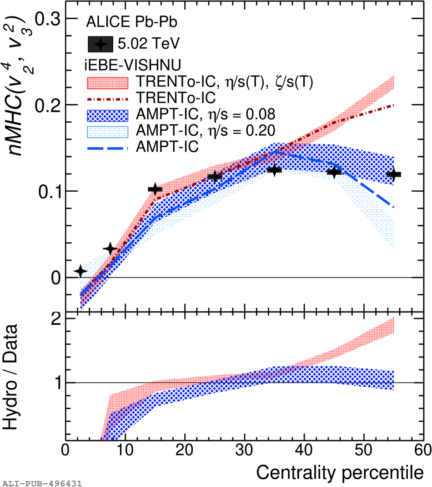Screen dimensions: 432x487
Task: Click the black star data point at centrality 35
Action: click(x=274, y=170)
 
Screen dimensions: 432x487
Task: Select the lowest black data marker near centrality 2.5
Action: click(x=80, y=271)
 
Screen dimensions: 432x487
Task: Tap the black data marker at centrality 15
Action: click(x=155, y=189)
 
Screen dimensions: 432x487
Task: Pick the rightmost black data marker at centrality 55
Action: click(x=393, y=174)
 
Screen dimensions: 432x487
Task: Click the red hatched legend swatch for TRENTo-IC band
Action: click(x=108, y=82)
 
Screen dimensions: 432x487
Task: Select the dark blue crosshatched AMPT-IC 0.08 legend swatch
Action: click(x=108, y=116)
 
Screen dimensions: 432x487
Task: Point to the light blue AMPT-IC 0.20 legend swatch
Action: click(x=108, y=132)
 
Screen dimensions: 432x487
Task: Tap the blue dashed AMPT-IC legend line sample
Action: click(x=108, y=149)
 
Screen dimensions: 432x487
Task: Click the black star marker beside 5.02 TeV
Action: click(x=100, y=44)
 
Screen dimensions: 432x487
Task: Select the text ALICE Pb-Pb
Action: click(x=131, y=22)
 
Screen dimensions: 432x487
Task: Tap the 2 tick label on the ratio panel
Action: click(x=56, y=319)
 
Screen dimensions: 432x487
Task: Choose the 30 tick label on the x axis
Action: click(x=244, y=450)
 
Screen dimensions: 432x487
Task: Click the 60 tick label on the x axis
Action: click(x=422, y=450)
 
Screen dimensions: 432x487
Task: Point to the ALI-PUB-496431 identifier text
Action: click(x=41, y=483)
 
